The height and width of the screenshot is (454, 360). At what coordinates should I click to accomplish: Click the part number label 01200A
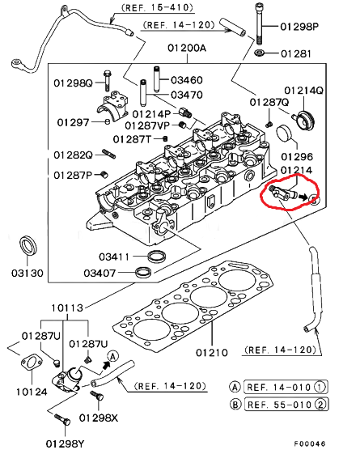(x=188, y=48)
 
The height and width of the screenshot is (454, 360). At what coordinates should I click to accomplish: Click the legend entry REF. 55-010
(x=283, y=404)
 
